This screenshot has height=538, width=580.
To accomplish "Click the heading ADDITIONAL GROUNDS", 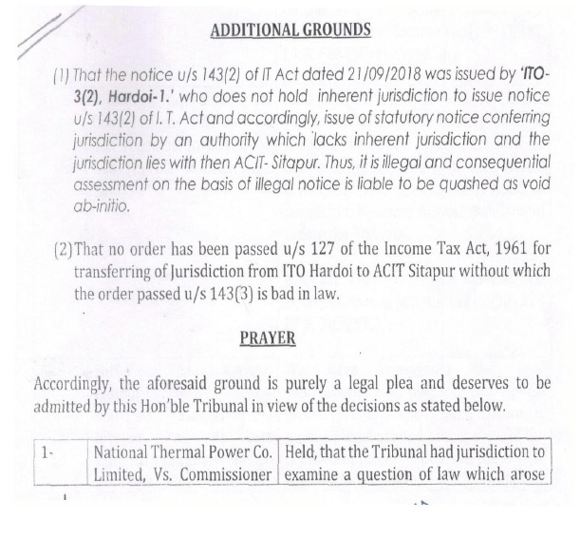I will [x=290, y=29].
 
